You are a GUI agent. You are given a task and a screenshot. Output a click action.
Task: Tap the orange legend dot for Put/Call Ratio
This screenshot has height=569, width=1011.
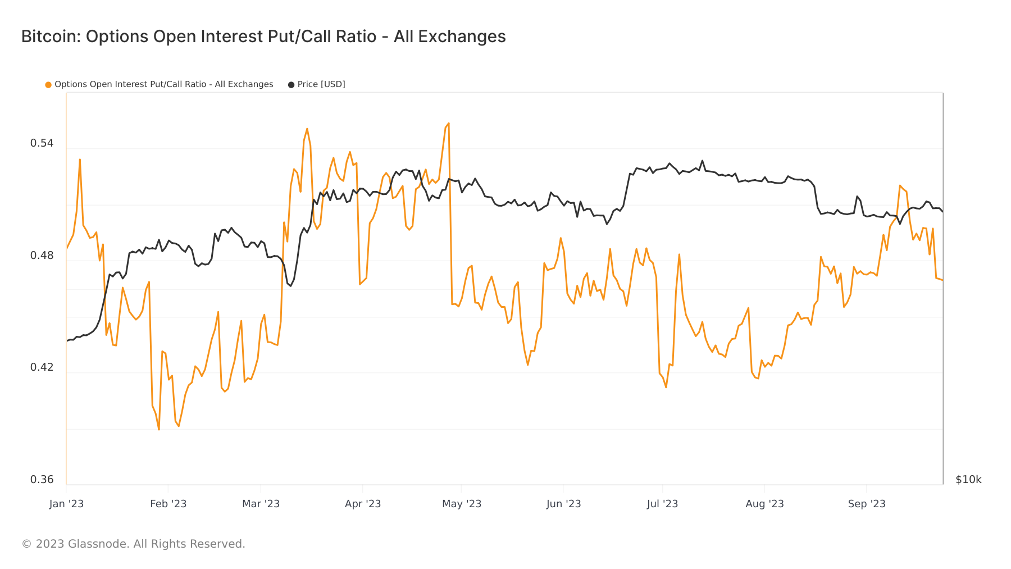coord(48,85)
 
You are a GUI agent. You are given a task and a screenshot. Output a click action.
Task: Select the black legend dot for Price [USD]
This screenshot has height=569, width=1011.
coord(291,85)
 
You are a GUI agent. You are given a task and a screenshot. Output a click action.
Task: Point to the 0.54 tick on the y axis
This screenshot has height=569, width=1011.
coord(42,143)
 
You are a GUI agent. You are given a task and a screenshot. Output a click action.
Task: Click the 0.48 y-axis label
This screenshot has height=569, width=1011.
coord(42,256)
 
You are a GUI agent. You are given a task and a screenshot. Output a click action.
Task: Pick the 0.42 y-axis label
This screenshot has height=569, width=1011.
coord(42,367)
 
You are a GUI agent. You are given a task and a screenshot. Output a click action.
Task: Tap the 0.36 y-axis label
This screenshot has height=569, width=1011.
coord(42,480)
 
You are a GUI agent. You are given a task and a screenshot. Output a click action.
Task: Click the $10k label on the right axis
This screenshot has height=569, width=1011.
coord(968,480)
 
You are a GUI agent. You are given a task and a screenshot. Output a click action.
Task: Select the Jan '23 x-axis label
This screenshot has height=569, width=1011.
coord(66,504)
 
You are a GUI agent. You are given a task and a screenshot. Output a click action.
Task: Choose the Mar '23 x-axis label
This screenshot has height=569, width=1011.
coord(261,504)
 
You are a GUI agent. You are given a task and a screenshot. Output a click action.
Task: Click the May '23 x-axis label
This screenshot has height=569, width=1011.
coord(462,504)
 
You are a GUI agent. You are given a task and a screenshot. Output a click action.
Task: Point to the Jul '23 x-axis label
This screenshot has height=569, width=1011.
coord(662,504)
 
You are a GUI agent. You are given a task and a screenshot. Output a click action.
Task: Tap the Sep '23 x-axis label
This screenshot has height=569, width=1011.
coord(867,504)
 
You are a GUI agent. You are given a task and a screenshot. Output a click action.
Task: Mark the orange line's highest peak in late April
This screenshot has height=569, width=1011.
coord(448,123)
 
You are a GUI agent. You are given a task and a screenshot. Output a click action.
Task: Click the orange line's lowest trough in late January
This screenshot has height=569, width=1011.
coord(159,430)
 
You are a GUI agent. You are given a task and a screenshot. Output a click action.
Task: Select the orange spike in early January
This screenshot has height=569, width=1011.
coord(80,160)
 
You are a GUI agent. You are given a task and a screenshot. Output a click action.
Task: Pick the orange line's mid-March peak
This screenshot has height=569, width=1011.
coord(307,129)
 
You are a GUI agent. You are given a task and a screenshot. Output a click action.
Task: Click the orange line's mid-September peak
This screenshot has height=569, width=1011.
coord(900,185)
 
